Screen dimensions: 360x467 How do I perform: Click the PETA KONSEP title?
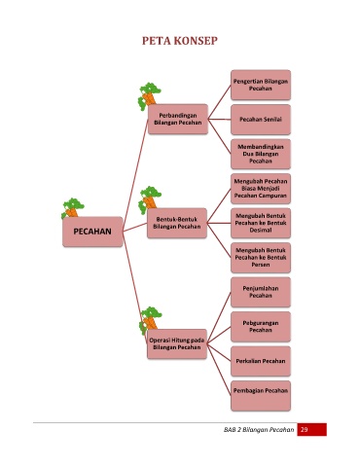click(x=180, y=41)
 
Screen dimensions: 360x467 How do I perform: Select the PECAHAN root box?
click(x=92, y=232)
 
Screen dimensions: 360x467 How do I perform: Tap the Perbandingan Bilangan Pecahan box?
click(x=178, y=119)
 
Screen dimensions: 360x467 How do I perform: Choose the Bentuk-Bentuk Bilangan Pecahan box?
click(x=177, y=223)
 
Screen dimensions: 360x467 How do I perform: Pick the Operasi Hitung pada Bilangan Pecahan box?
click(x=177, y=343)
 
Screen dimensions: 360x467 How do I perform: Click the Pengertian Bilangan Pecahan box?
click(x=261, y=85)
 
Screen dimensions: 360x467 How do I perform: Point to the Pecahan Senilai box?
click(x=261, y=120)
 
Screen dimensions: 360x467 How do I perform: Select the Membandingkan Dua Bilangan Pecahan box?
click(x=261, y=154)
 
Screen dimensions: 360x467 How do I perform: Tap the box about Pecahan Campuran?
click(x=261, y=189)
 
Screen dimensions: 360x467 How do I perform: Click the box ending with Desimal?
click(x=261, y=223)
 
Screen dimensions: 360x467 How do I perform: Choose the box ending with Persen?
click(x=261, y=258)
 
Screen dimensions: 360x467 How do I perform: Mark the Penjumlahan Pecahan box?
click(x=261, y=292)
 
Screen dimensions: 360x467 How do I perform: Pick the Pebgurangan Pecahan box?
click(x=261, y=327)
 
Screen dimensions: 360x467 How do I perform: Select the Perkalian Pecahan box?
click(x=261, y=361)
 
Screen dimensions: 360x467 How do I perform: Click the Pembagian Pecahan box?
click(x=261, y=396)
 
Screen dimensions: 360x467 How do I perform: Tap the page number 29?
click(x=305, y=430)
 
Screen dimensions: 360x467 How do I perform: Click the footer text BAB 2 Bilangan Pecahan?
click(x=259, y=430)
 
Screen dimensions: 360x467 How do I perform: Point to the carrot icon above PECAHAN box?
click(x=73, y=208)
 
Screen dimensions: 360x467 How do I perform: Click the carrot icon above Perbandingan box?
click(x=149, y=95)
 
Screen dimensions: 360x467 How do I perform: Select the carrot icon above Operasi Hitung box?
click(x=150, y=319)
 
